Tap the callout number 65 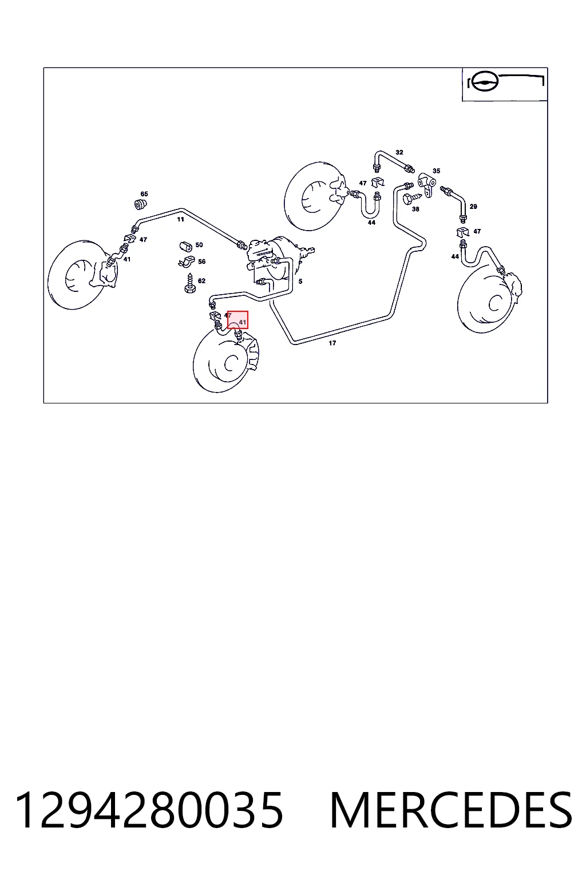(x=144, y=194)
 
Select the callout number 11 (x=180, y=219)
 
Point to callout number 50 (x=199, y=245)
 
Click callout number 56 (x=202, y=262)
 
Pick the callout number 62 (x=201, y=280)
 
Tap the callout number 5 (x=300, y=282)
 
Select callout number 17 (x=332, y=343)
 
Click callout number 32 (x=399, y=152)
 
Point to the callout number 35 (x=436, y=171)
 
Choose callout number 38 (x=415, y=209)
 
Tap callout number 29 (x=473, y=207)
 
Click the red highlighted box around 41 (x=238, y=320)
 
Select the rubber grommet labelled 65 (x=140, y=204)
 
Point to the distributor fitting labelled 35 (x=426, y=183)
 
